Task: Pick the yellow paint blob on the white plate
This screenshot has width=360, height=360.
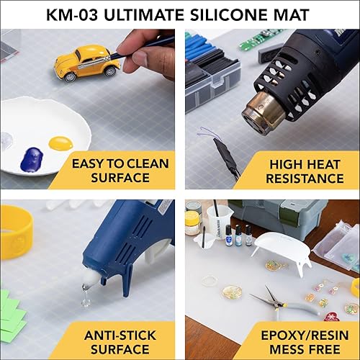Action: coord(61,143)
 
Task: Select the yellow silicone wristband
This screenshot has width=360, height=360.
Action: coord(14,230)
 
